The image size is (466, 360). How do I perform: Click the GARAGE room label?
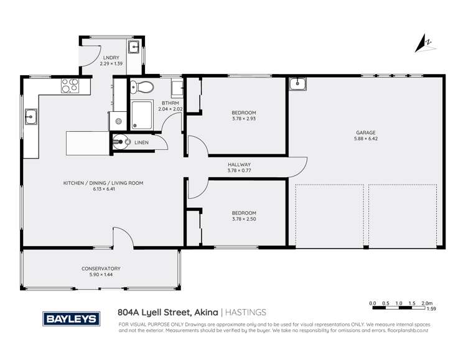tap(365, 132)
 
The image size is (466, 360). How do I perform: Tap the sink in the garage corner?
tap(298, 83)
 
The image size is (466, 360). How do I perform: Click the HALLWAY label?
tap(239, 164)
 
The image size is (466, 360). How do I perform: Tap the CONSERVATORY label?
tap(101, 269)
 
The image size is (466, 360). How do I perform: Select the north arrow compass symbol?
tap(424, 42)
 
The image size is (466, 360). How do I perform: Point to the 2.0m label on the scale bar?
tap(427, 303)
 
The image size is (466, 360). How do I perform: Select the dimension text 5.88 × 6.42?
tap(365, 139)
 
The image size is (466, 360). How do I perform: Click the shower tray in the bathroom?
tap(145, 115)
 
